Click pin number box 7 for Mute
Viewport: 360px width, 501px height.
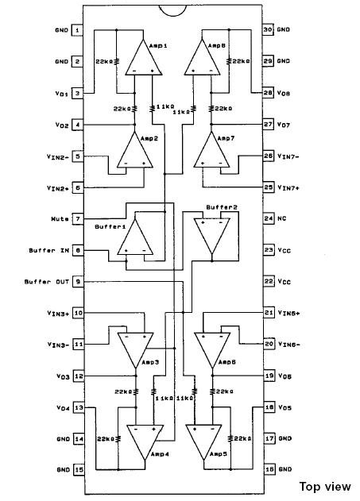(78, 218)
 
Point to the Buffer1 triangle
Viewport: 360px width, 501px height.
(135, 239)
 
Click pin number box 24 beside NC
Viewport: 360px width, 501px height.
(268, 218)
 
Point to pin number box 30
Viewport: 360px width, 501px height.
(268, 30)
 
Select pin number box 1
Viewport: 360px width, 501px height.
(78, 30)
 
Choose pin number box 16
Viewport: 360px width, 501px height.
(268, 469)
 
